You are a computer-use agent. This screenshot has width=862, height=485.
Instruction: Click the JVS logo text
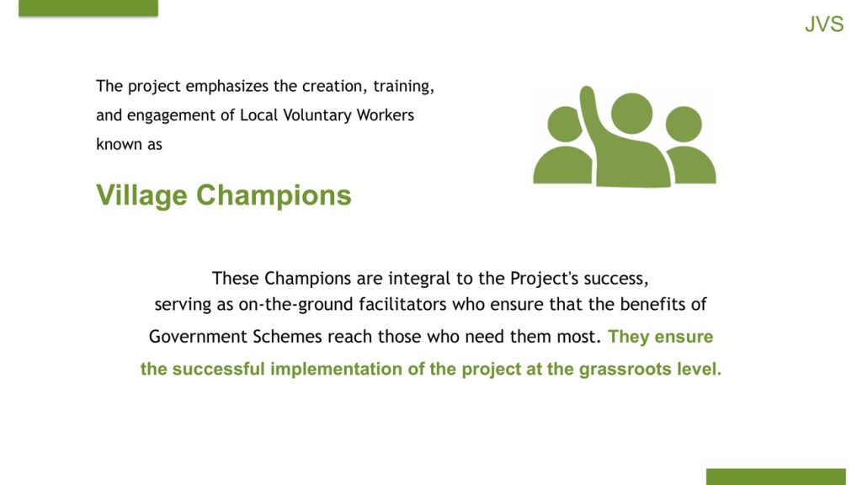click(x=824, y=24)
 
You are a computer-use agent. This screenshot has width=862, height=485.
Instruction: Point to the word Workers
click(x=386, y=115)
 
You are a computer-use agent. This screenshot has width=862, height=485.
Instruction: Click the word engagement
click(x=172, y=116)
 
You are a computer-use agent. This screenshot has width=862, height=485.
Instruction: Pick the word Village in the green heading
click(x=141, y=195)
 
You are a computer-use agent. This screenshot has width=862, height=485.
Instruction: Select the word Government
click(x=198, y=336)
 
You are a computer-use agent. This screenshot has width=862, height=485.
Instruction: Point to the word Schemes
click(x=288, y=336)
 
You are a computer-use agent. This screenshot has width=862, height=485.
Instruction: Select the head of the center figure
click(x=631, y=114)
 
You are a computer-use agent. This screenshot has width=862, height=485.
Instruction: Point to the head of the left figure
click(x=564, y=124)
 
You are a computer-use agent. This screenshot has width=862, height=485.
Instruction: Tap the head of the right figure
click(x=684, y=125)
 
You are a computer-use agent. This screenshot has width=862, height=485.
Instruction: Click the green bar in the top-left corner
click(x=88, y=8)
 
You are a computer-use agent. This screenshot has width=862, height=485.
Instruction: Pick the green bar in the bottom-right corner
click(x=775, y=477)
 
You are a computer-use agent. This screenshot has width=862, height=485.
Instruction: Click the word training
click(x=403, y=87)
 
